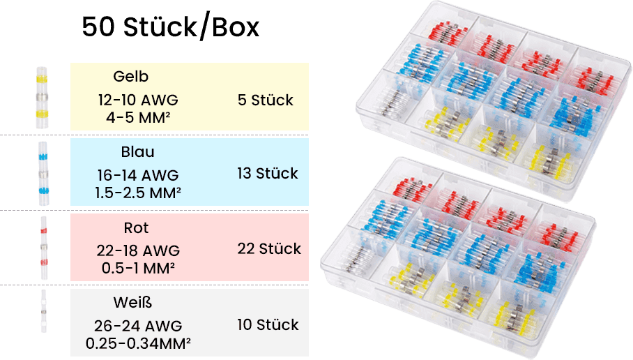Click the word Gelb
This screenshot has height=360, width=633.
pyautogui.click(x=130, y=77)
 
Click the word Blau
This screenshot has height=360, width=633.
pyautogui.click(x=137, y=152)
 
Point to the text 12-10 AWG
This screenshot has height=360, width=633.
pyautogui.click(x=138, y=100)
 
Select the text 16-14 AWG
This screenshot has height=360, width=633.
pyautogui.click(x=138, y=175)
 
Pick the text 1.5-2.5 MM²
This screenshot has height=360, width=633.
pyautogui.click(x=138, y=190)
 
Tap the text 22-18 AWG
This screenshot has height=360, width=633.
pyautogui.click(x=138, y=250)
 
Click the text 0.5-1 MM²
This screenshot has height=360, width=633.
pyautogui.click(x=138, y=267)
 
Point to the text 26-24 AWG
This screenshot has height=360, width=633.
pyautogui.click(x=138, y=326)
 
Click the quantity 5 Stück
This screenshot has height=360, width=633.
pyautogui.click(x=265, y=100)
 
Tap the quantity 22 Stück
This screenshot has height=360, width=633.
pyautogui.click(x=269, y=249)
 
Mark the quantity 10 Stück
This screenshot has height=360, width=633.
pyautogui.click(x=268, y=325)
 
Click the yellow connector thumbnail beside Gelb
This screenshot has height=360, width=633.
pyautogui.click(x=42, y=97)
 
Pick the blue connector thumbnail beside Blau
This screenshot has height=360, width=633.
pyautogui.click(x=43, y=172)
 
